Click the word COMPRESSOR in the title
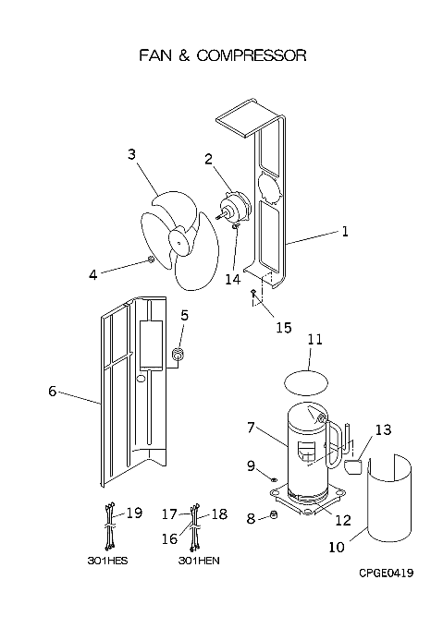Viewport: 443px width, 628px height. click(x=252, y=55)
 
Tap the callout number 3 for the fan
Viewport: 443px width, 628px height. click(x=131, y=154)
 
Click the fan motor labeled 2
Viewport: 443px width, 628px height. click(x=236, y=210)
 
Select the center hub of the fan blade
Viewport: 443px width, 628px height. click(x=180, y=241)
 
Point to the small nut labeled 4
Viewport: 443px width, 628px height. click(x=151, y=260)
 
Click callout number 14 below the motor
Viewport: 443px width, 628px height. click(x=232, y=279)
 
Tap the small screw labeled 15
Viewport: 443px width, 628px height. click(x=252, y=292)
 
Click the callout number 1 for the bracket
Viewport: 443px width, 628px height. click(x=345, y=232)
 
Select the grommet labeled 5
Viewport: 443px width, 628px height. click(x=178, y=354)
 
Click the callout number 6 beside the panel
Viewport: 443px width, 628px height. click(x=53, y=391)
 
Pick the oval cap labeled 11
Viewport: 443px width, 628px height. click(x=306, y=383)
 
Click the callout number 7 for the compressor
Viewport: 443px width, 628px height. click(x=251, y=428)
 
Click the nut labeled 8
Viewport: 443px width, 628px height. click(x=274, y=515)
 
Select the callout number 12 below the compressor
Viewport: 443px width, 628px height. click(x=343, y=520)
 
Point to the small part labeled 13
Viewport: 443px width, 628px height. click(x=353, y=467)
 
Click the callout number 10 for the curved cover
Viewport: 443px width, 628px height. click(x=337, y=547)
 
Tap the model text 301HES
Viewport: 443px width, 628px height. click(x=107, y=561)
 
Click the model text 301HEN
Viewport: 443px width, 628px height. click(x=199, y=561)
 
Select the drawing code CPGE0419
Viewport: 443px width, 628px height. click(x=386, y=574)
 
